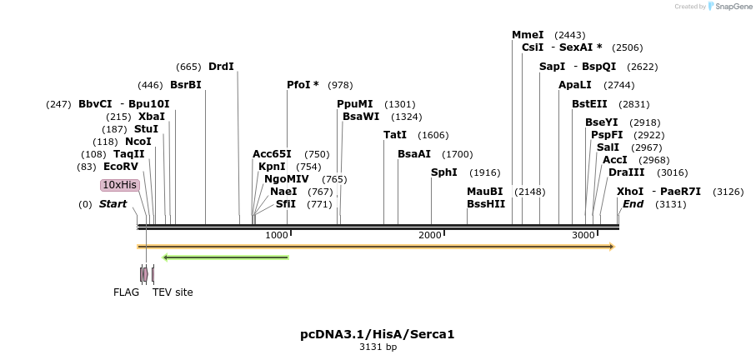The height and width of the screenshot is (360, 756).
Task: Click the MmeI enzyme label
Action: coord(528,35)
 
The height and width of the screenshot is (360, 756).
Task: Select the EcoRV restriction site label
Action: coord(115,167)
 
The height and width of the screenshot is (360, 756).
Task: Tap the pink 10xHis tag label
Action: coord(119,185)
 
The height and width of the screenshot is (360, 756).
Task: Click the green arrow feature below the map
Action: coord(225,257)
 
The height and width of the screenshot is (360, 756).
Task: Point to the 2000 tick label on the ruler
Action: coord(429,236)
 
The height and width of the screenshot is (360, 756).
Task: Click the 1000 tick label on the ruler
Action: coord(276,236)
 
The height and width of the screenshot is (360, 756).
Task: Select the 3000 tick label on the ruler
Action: coord(583,236)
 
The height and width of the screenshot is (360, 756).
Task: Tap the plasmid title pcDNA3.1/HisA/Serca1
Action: coord(378,334)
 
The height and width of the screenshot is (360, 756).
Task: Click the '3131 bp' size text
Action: coord(378,347)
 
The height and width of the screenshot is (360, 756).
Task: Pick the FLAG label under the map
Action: coord(126,292)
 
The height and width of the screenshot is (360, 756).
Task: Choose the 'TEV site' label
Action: coord(173,292)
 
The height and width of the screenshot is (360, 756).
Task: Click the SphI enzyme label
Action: coord(443,172)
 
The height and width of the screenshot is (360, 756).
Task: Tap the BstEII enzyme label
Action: coord(589,104)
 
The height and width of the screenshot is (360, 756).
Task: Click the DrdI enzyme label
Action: coord(221,67)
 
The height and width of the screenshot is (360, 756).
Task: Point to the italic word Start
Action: coord(113,204)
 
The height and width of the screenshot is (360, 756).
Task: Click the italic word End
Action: coord(633,204)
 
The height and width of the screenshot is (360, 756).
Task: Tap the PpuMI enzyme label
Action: coord(355,104)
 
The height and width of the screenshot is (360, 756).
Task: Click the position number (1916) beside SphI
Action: coord(484,172)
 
